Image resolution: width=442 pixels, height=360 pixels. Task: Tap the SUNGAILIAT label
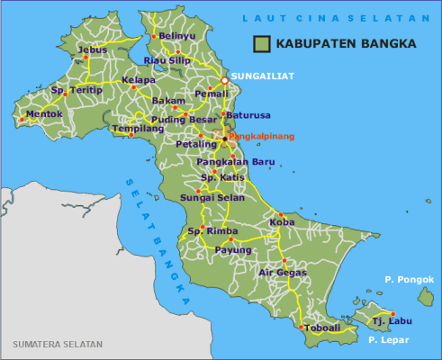pyautogui.click(x=263, y=76)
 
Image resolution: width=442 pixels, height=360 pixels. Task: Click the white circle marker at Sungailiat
pyautogui.click(x=224, y=79)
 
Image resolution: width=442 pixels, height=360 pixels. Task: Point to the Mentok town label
pyautogui.click(x=44, y=114)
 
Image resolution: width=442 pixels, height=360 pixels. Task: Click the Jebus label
pyautogui.click(x=93, y=49)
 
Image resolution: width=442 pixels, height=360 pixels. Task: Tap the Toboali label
pyautogui.click(x=322, y=328)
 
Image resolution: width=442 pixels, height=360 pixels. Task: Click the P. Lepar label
pyautogui.click(x=389, y=339)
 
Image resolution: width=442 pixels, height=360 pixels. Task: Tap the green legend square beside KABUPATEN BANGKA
pyautogui.click(x=262, y=42)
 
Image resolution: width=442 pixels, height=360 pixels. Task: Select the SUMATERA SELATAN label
pyautogui.click(x=58, y=345)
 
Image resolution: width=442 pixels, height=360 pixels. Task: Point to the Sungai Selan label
pyautogui.click(x=206, y=195)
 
